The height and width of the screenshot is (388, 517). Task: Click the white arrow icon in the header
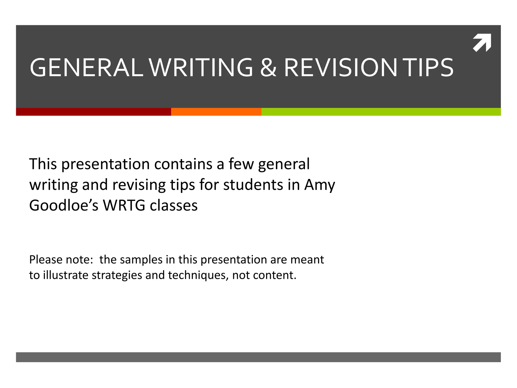(x=482, y=43)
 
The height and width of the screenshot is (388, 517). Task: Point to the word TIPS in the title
(x=428, y=68)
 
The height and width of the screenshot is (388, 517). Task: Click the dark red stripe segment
(x=93, y=112)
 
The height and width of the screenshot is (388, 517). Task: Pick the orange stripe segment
(x=216, y=112)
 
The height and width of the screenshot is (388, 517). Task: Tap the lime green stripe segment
(x=381, y=112)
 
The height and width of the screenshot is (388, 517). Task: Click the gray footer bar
(x=258, y=357)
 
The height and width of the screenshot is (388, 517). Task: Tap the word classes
(x=174, y=206)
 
